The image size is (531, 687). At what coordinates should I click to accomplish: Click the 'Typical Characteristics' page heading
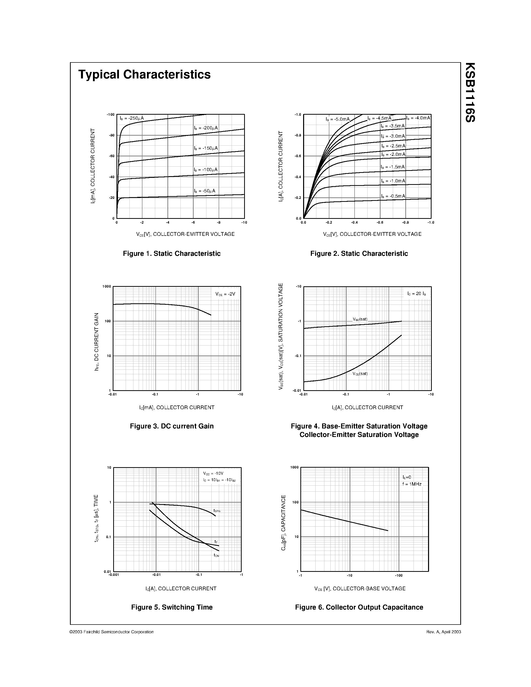point(144,74)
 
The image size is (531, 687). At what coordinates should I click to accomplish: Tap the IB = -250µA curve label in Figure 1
point(131,118)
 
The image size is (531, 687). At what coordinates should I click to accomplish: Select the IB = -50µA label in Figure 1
point(204,191)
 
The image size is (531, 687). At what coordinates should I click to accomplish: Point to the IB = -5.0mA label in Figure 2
point(338,119)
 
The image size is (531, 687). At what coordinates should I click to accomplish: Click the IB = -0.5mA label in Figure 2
point(393,196)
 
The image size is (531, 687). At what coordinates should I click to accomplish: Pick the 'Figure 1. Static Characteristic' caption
point(171,254)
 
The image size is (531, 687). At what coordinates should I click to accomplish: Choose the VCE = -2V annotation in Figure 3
point(225,294)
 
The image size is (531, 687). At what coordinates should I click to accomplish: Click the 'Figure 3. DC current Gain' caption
point(171,426)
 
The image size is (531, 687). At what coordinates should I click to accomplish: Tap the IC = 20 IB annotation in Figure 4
point(417,294)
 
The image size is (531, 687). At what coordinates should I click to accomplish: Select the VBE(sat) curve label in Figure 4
point(360,319)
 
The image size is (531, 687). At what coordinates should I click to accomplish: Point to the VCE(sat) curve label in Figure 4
point(360,374)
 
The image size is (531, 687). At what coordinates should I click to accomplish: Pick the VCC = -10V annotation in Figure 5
point(213,473)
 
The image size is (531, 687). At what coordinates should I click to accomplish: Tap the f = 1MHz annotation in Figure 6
point(412,484)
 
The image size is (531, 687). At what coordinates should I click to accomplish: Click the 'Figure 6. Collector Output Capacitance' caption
point(359,607)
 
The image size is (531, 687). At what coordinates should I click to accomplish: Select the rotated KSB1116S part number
point(470,92)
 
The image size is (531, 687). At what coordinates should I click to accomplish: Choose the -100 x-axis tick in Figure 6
point(399,575)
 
